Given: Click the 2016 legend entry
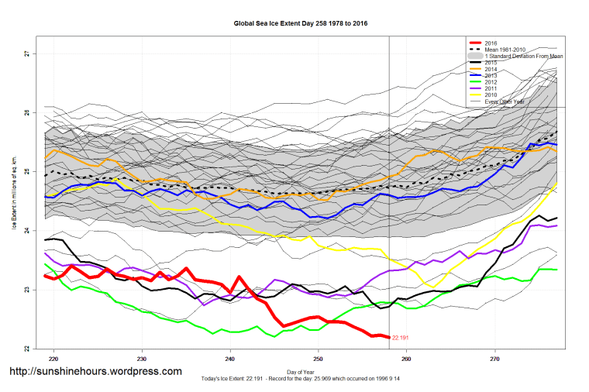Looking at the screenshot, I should coord(491,42).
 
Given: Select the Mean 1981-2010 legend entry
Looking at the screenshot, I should coord(507,50).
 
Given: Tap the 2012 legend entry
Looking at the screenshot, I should coord(491,82).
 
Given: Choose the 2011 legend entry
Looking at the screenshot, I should coord(491,89).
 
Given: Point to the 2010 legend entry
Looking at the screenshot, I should coord(491,96).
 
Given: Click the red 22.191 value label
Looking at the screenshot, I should coord(401,339).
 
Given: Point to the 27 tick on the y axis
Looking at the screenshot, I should coord(26,53).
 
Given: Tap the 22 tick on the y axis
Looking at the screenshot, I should coord(26,349).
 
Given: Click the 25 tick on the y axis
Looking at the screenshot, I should coord(26,171).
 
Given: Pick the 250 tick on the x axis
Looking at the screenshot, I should coord(318,359).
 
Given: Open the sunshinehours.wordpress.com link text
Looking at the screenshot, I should coord(95,372).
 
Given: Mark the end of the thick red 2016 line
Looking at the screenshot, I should coord(388,337).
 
